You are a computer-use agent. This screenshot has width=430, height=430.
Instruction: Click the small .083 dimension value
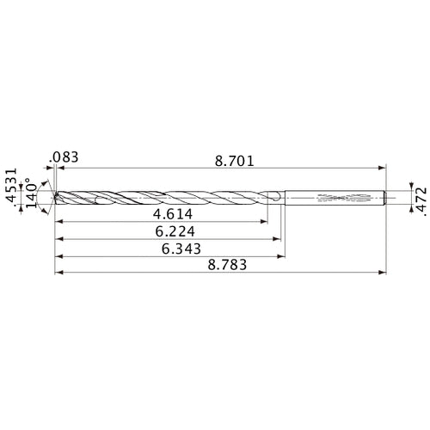coord(64,157)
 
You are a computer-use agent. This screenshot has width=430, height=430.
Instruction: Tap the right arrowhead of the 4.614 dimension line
coord(265,221)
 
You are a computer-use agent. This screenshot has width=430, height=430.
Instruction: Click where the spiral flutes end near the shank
coord(273,199)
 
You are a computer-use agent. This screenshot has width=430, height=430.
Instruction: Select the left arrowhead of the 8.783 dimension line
coord(58,273)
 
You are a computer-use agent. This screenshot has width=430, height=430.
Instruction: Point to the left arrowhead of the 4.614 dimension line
coord(58,221)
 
